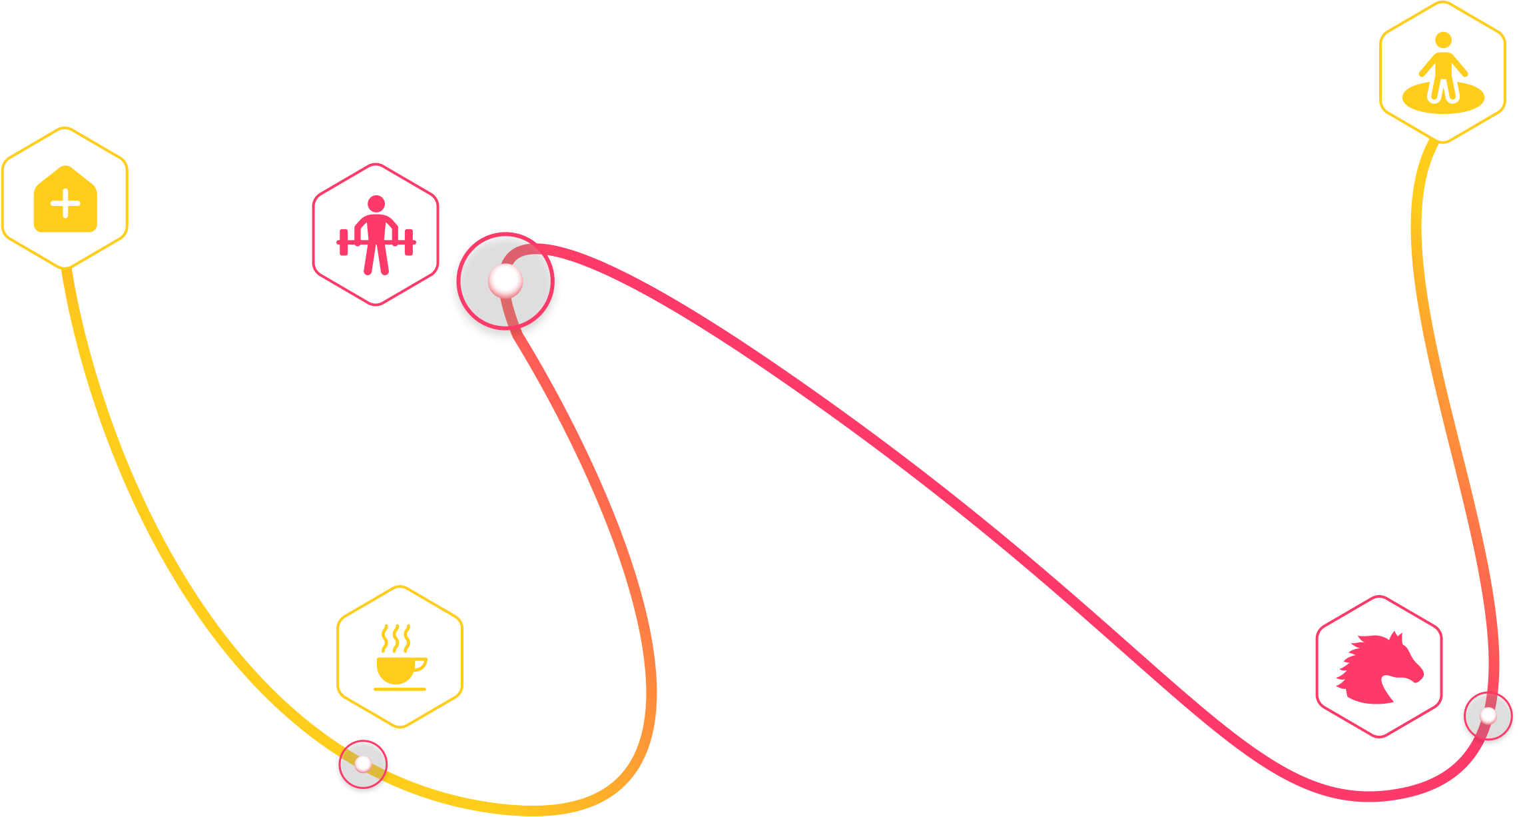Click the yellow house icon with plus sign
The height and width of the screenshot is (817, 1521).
click(65, 199)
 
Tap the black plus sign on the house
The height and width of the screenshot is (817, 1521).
click(65, 204)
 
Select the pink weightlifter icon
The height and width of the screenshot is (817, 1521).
click(376, 235)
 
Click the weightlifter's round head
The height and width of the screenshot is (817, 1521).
click(376, 203)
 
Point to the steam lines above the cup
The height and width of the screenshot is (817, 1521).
click(396, 638)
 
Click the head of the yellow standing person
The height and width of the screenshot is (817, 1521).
click(1443, 40)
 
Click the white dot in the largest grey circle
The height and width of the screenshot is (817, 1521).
click(505, 281)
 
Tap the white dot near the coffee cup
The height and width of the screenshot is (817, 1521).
click(363, 764)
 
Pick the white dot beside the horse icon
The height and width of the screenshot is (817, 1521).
click(1488, 716)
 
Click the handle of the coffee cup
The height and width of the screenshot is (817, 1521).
click(420, 664)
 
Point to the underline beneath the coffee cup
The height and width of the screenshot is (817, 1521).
click(400, 689)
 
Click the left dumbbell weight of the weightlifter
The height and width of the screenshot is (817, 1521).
click(344, 242)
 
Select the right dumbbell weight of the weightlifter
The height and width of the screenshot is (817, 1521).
click(409, 242)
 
